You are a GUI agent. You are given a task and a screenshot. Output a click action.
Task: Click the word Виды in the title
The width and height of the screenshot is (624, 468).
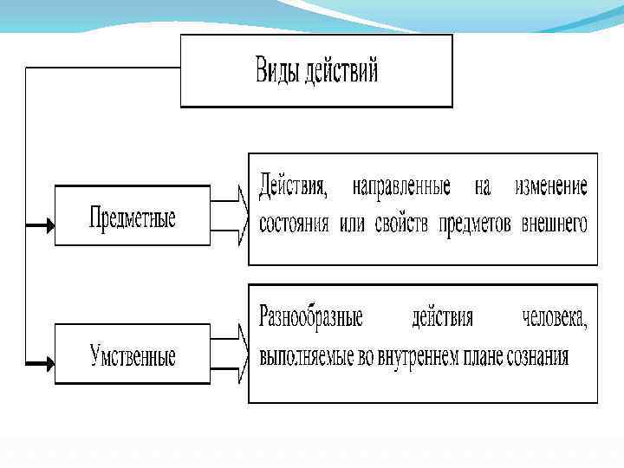tap(276, 70)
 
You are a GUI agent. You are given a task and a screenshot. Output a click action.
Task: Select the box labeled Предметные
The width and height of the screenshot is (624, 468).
tap(133, 216)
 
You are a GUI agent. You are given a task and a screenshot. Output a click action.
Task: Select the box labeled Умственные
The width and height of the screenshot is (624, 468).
tap(133, 354)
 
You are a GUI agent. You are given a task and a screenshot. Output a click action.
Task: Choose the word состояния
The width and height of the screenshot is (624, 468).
tap(295, 224)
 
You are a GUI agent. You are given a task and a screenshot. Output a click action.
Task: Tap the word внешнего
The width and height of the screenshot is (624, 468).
tap(555, 224)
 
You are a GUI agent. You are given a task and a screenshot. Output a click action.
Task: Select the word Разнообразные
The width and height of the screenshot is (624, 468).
tap(310, 318)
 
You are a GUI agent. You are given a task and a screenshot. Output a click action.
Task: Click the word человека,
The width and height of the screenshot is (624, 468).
tap(555, 318)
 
